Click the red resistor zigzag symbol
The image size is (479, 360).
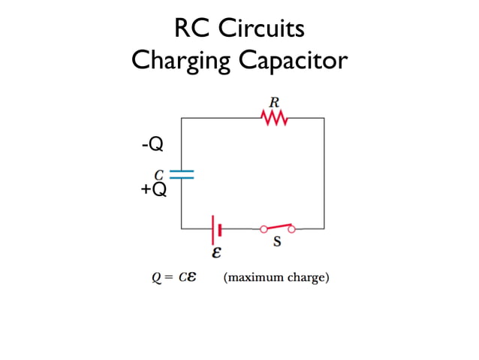tap(274, 117)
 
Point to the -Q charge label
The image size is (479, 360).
tap(152, 143)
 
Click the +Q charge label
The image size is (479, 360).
tap(153, 189)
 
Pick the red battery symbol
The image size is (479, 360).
tap(217, 228)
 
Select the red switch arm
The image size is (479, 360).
tap(277, 225)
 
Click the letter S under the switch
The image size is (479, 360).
tap(276, 243)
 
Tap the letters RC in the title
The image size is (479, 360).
tap(191, 29)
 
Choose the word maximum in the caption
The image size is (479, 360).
tap(253, 278)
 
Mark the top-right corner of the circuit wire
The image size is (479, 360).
tap(324, 118)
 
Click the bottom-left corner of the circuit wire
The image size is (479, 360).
tap(182, 228)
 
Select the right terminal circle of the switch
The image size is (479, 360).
tap(293, 228)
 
